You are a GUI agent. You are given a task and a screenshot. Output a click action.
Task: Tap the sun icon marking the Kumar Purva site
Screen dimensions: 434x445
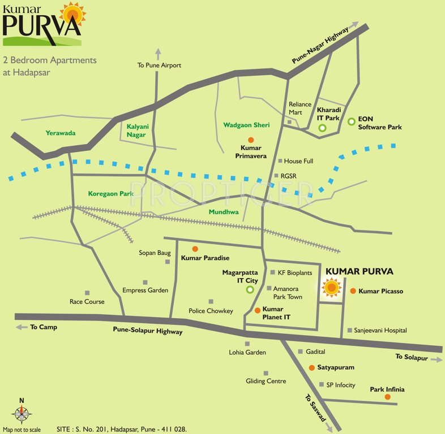pos(331,288)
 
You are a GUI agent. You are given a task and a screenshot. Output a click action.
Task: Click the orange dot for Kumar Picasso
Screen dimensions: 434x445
pos(353,291)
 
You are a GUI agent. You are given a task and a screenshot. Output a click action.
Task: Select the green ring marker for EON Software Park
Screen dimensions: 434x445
pos(352,121)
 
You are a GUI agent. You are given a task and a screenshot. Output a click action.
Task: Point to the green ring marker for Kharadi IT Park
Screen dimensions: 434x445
pos(322,128)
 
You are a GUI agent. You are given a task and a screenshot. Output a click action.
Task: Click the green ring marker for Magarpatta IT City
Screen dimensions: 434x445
pos(250,290)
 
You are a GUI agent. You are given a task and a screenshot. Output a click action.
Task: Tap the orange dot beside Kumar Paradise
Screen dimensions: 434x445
pos(195,249)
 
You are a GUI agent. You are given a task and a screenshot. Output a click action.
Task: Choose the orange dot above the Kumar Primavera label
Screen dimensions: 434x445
pos(251,140)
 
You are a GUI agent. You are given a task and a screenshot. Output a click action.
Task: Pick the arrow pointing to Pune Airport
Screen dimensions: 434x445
pos(158,54)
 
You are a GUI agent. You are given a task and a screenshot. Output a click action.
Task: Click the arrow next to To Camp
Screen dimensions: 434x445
pos(21,327)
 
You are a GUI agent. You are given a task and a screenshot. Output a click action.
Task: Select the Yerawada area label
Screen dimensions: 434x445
pos(60,133)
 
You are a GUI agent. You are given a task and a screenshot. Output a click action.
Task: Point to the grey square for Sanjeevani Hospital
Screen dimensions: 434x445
pos(350,330)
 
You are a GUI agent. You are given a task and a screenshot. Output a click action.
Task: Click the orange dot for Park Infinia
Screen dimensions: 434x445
pos(387,397)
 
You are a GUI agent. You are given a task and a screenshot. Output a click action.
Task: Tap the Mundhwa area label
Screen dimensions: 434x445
pos(224,212)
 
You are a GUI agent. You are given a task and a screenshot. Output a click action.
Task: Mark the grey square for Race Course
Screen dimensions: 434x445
pos(87,293)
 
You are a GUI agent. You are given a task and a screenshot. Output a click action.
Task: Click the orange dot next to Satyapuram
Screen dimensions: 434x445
pos(311,367)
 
